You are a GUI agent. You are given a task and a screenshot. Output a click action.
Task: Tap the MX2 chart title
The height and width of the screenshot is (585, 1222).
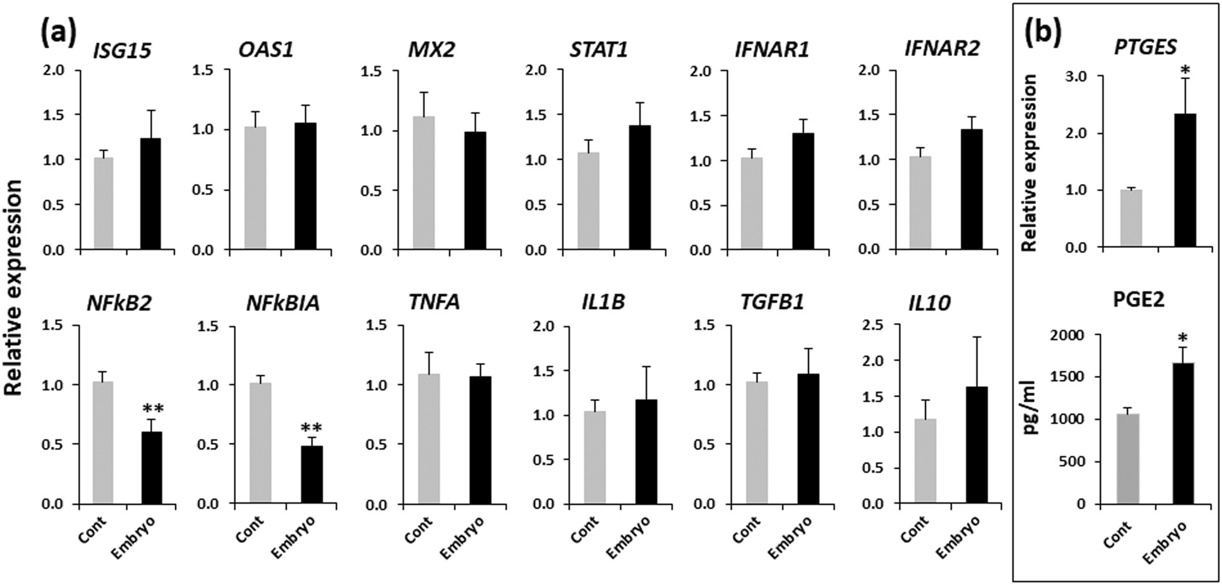coord(432,50)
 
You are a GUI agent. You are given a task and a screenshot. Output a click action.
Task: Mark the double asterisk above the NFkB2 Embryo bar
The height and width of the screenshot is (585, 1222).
coord(152,409)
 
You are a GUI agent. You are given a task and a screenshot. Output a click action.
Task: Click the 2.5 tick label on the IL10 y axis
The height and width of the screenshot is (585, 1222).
coord(874,326)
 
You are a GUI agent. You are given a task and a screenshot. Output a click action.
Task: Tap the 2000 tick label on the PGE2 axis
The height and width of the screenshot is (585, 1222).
coord(1066,335)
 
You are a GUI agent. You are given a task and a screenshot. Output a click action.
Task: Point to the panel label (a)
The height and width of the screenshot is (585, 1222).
coord(58,31)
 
